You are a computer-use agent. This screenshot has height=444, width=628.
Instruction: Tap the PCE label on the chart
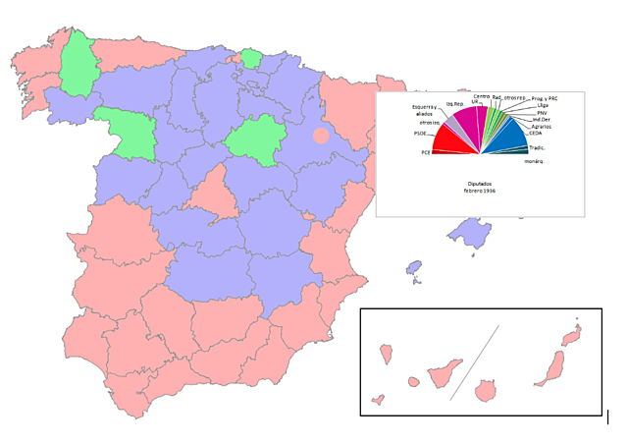(x=426, y=152)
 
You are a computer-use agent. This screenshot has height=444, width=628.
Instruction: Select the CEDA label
(x=535, y=134)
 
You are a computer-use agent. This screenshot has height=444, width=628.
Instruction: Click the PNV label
(x=542, y=113)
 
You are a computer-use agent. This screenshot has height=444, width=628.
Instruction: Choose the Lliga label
(x=543, y=105)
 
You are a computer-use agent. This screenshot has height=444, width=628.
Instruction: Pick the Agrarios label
(x=541, y=127)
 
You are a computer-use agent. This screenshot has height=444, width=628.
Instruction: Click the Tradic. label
(x=537, y=147)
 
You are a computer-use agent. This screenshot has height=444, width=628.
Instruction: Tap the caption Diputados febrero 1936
(x=481, y=187)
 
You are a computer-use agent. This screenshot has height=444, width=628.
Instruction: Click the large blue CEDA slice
(x=505, y=138)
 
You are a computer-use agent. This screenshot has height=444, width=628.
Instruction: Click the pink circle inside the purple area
(x=321, y=136)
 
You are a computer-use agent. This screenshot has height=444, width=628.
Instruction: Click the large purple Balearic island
(x=468, y=234)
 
